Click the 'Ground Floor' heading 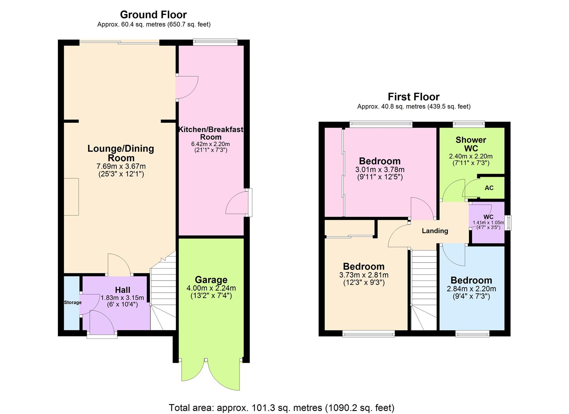(x=153, y=15)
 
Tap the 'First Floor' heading (x=413, y=97)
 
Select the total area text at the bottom (x=282, y=407)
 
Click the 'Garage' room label (x=211, y=280)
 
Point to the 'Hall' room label (x=123, y=290)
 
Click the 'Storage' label (x=72, y=302)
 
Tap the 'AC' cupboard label (x=489, y=188)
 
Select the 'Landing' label (x=435, y=231)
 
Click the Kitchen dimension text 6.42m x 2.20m (x=210, y=144)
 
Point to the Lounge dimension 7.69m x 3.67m (x=121, y=166)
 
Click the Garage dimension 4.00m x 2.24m (x=211, y=288)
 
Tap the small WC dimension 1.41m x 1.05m (x=488, y=223)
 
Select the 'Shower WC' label (x=471, y=144)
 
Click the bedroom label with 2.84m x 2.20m (x=471, y=280)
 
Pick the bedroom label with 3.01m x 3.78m (x=380, y=161)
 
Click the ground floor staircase (x=163, y=295)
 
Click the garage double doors (x=211, y=374)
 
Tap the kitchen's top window (x=215, y=42)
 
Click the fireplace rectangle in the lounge (x=71, y=197)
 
